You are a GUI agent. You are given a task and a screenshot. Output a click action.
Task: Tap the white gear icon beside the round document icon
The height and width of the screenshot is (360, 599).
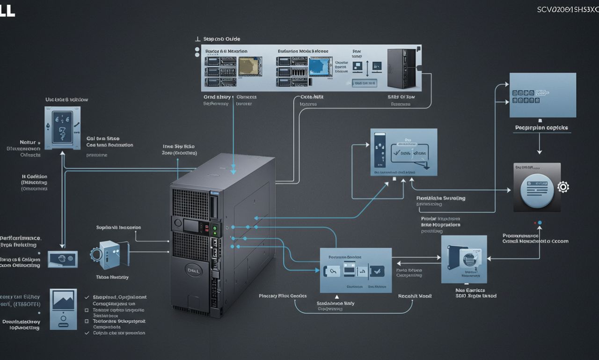pyautogui.click(x=563, y=187)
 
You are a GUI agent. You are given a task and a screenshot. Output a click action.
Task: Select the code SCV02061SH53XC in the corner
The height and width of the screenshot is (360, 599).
pyautogui.click(x=567, y=9)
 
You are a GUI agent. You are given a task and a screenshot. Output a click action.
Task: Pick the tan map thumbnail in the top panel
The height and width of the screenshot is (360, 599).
pyautogui.click(x=249, y=66)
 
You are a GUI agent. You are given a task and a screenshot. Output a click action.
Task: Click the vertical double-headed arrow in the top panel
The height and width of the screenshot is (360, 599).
pyautogui.click(x=367, y=68)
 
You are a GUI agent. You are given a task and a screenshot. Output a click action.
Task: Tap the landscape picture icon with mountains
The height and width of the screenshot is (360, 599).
pyautogui.click(x=63, y=300)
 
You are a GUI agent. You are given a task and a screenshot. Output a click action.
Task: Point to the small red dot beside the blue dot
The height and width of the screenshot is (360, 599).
pyautogui.click(x=534, y=223)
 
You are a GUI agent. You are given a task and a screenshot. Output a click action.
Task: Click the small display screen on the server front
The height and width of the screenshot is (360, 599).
pyautogui.click(x=192, y=226)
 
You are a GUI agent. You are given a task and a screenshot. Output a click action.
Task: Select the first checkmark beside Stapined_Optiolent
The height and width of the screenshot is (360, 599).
pyautogui.click(x=87, y=297)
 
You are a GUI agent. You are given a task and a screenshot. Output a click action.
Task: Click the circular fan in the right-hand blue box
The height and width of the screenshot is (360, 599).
pyautogui.click(x=468, y=257)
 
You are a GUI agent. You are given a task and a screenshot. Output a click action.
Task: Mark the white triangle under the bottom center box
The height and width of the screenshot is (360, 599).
pyautogui.click(x=337, y=296)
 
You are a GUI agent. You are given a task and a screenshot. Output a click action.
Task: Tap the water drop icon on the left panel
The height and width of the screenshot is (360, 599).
pyautogui.click(x=49, y=126)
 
